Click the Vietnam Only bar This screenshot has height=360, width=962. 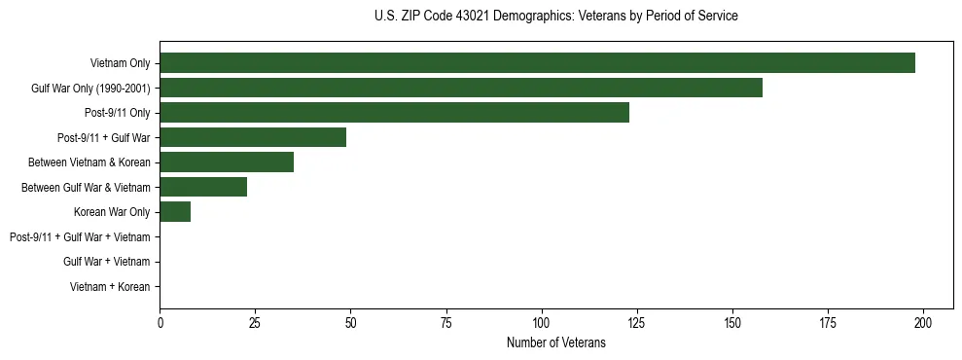(537, 63)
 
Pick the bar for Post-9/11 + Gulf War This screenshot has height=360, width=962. (253, 137)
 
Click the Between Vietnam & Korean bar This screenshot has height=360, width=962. (227, 162)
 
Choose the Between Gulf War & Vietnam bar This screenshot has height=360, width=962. (203, 187)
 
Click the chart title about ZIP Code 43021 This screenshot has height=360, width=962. (555, 17)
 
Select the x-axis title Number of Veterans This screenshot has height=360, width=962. (555, 342)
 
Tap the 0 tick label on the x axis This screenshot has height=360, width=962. (160, 322)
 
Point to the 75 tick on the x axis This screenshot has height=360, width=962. (446, 322)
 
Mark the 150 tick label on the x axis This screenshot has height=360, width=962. (732, 322)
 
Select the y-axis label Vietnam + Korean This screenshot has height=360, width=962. (110, 287)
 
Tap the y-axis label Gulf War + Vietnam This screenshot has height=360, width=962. (106, 262)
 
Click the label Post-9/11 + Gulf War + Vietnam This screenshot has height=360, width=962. (80, 237)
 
